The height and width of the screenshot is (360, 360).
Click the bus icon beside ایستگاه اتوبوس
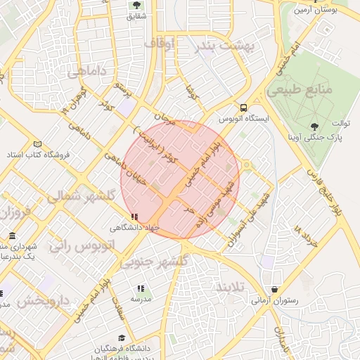click(x=243, y=108)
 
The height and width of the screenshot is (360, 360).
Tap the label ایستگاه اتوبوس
click(x=243, y=120)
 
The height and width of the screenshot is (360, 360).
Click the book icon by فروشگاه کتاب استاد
click(x=37, y=144)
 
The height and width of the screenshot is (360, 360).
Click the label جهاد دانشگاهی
click(x=135, y=228)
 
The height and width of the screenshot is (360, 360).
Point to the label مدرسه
click(x=141, y=298)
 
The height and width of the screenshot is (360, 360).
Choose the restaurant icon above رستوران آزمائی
click(x=274, y=290)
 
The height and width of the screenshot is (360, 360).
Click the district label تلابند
click(x=233, y=288)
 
